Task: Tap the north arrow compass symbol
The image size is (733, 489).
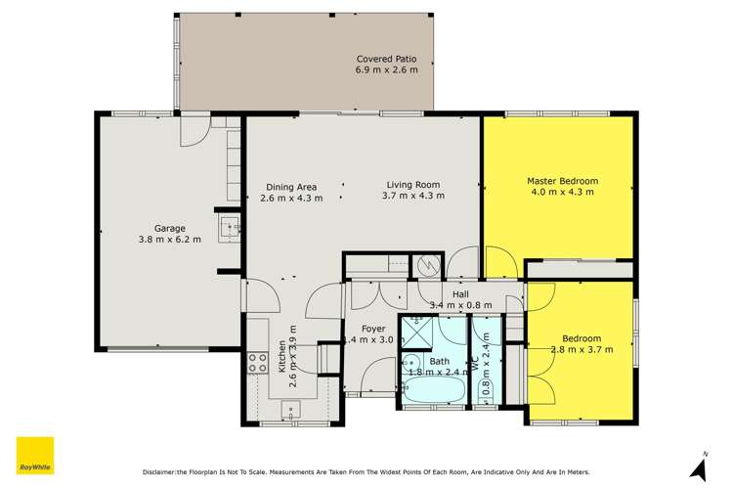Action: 699,467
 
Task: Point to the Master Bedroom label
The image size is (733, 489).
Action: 562,181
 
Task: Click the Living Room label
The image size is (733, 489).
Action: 412,184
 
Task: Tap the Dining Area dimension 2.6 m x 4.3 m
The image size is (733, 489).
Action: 291,197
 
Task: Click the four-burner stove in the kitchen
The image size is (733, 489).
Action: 258,363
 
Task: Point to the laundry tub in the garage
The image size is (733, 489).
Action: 230,229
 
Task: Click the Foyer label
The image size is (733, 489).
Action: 373,329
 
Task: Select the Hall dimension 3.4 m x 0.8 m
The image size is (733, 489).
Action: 460,305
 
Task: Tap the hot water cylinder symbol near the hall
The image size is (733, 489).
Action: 428,265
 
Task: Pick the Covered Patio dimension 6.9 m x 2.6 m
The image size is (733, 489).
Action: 387,70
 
